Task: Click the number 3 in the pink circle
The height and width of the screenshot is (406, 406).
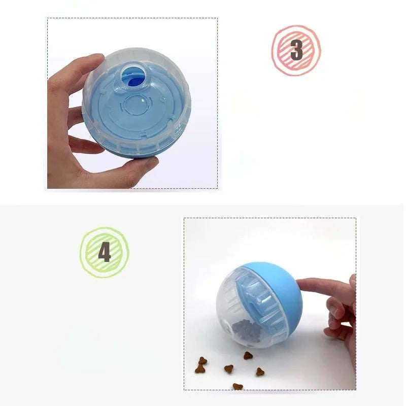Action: point(296,50)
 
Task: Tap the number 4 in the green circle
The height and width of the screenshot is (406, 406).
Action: point(105,252)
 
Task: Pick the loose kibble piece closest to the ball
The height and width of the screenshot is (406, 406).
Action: point(248,356)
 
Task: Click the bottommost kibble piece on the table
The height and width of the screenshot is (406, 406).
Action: point(238,386)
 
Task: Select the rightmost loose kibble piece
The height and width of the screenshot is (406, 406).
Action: point(260,371)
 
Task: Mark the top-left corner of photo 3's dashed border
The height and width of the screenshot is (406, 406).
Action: point(47,18)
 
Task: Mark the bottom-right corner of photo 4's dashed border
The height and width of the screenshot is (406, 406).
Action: point(356,389)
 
